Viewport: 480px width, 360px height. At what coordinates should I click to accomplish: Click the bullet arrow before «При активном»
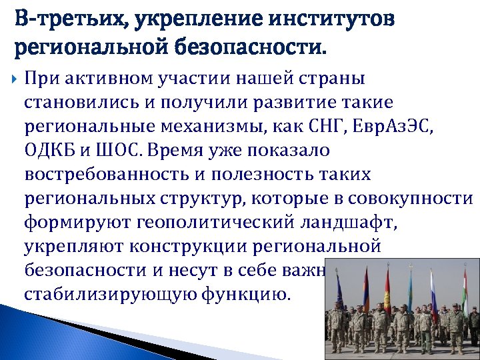coord(16,79)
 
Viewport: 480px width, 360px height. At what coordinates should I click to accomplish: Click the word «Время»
coord(193,151)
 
